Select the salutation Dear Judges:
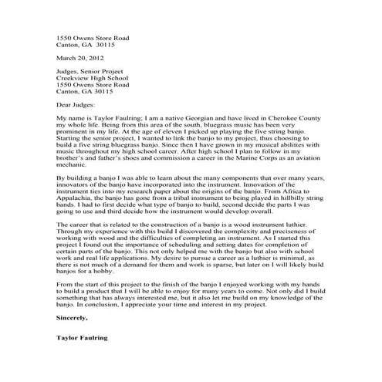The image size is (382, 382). (x=76, y=104)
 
